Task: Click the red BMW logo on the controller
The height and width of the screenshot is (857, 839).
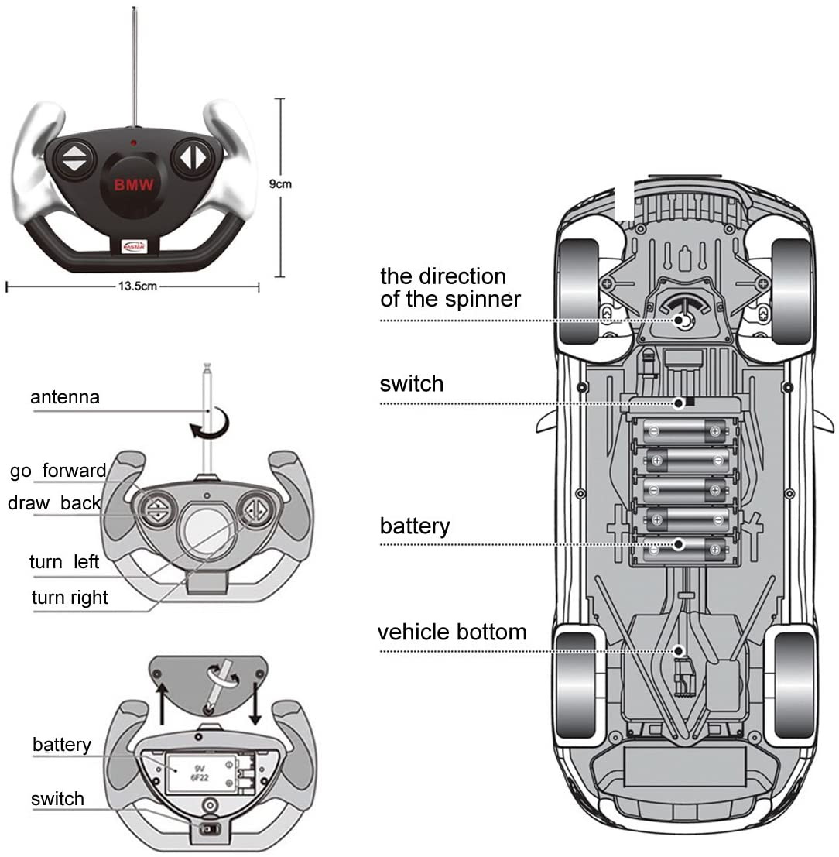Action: pyautogui.click(x=135, y=185)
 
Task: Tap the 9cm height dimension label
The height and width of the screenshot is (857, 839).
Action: pyautogui.click(x=280, y=184)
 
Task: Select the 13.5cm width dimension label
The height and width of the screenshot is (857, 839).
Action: pyautogui.click(x=138, y=286)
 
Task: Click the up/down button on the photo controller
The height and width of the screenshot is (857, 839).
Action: pyautogui.click(x=74, y=159)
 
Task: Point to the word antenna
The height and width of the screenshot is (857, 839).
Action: pyautogui.click(x=65, y=398)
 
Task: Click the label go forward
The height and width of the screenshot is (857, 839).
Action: pyautogui.click(x=58, y=471)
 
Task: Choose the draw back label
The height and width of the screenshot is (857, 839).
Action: pyautogui.click(x=54, y=503)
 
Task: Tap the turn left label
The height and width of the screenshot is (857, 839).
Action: pyautogui.click(x=64, y=562)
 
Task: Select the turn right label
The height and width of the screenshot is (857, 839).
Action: pyautogui.click(x=70, y=598)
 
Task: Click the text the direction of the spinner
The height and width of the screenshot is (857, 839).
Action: pyautogui.click(x=450, y=288)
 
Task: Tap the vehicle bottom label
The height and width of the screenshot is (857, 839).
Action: pyautogui.click(x=452, y=632)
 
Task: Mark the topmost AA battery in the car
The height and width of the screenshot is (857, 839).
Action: pyautogui.click(x=684, y=431)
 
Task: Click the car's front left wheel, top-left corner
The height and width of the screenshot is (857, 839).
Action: pyautogui.click(x=578, y=290)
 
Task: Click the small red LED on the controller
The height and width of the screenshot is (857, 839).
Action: pyautogui.click(x=134, y=143)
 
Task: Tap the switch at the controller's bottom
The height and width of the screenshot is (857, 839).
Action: pyautogui.click(x=209, y=829)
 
